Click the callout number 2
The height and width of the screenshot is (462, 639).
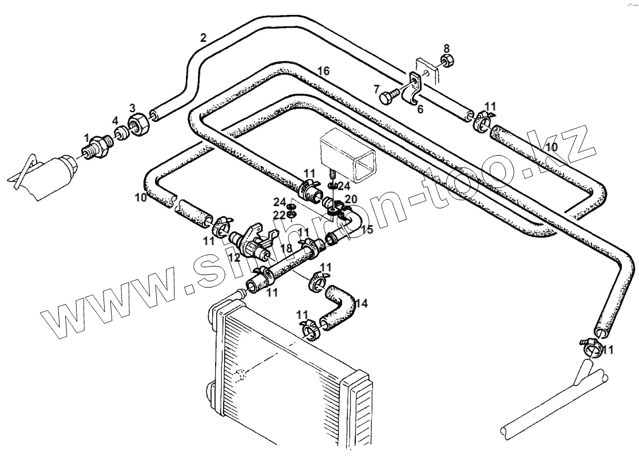[x=203, y=38]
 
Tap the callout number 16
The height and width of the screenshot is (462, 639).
[x=323, y=71]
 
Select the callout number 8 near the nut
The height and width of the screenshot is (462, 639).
[x=447, y=48]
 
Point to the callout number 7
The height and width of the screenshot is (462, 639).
[x=376, y=89]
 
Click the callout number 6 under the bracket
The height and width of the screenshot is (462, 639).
[x=420, y=109]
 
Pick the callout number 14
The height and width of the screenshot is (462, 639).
[x=362, y=303]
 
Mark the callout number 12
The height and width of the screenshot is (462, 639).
[x=235, y=258]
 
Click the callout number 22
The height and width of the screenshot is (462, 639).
[x=279, y=214]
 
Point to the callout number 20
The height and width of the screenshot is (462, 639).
[x=351, y=199]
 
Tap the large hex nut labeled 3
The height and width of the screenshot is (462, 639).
[x=138, y=123]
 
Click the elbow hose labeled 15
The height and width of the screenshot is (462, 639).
[x=352, y=221]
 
